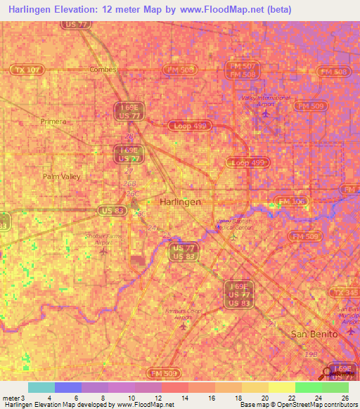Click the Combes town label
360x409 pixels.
point(102,70)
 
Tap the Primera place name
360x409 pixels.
point(53,120)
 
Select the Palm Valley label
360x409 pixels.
point(61,176)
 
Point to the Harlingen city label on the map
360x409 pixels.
point(181,201)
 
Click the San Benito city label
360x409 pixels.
point(314,334)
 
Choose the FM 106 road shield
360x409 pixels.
point(292,202)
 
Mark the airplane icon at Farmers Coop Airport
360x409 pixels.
point(185,326)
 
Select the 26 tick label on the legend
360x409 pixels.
point(345,398)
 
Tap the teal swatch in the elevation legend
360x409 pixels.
point(41,387)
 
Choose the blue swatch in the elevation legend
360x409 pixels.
point(67,387)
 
